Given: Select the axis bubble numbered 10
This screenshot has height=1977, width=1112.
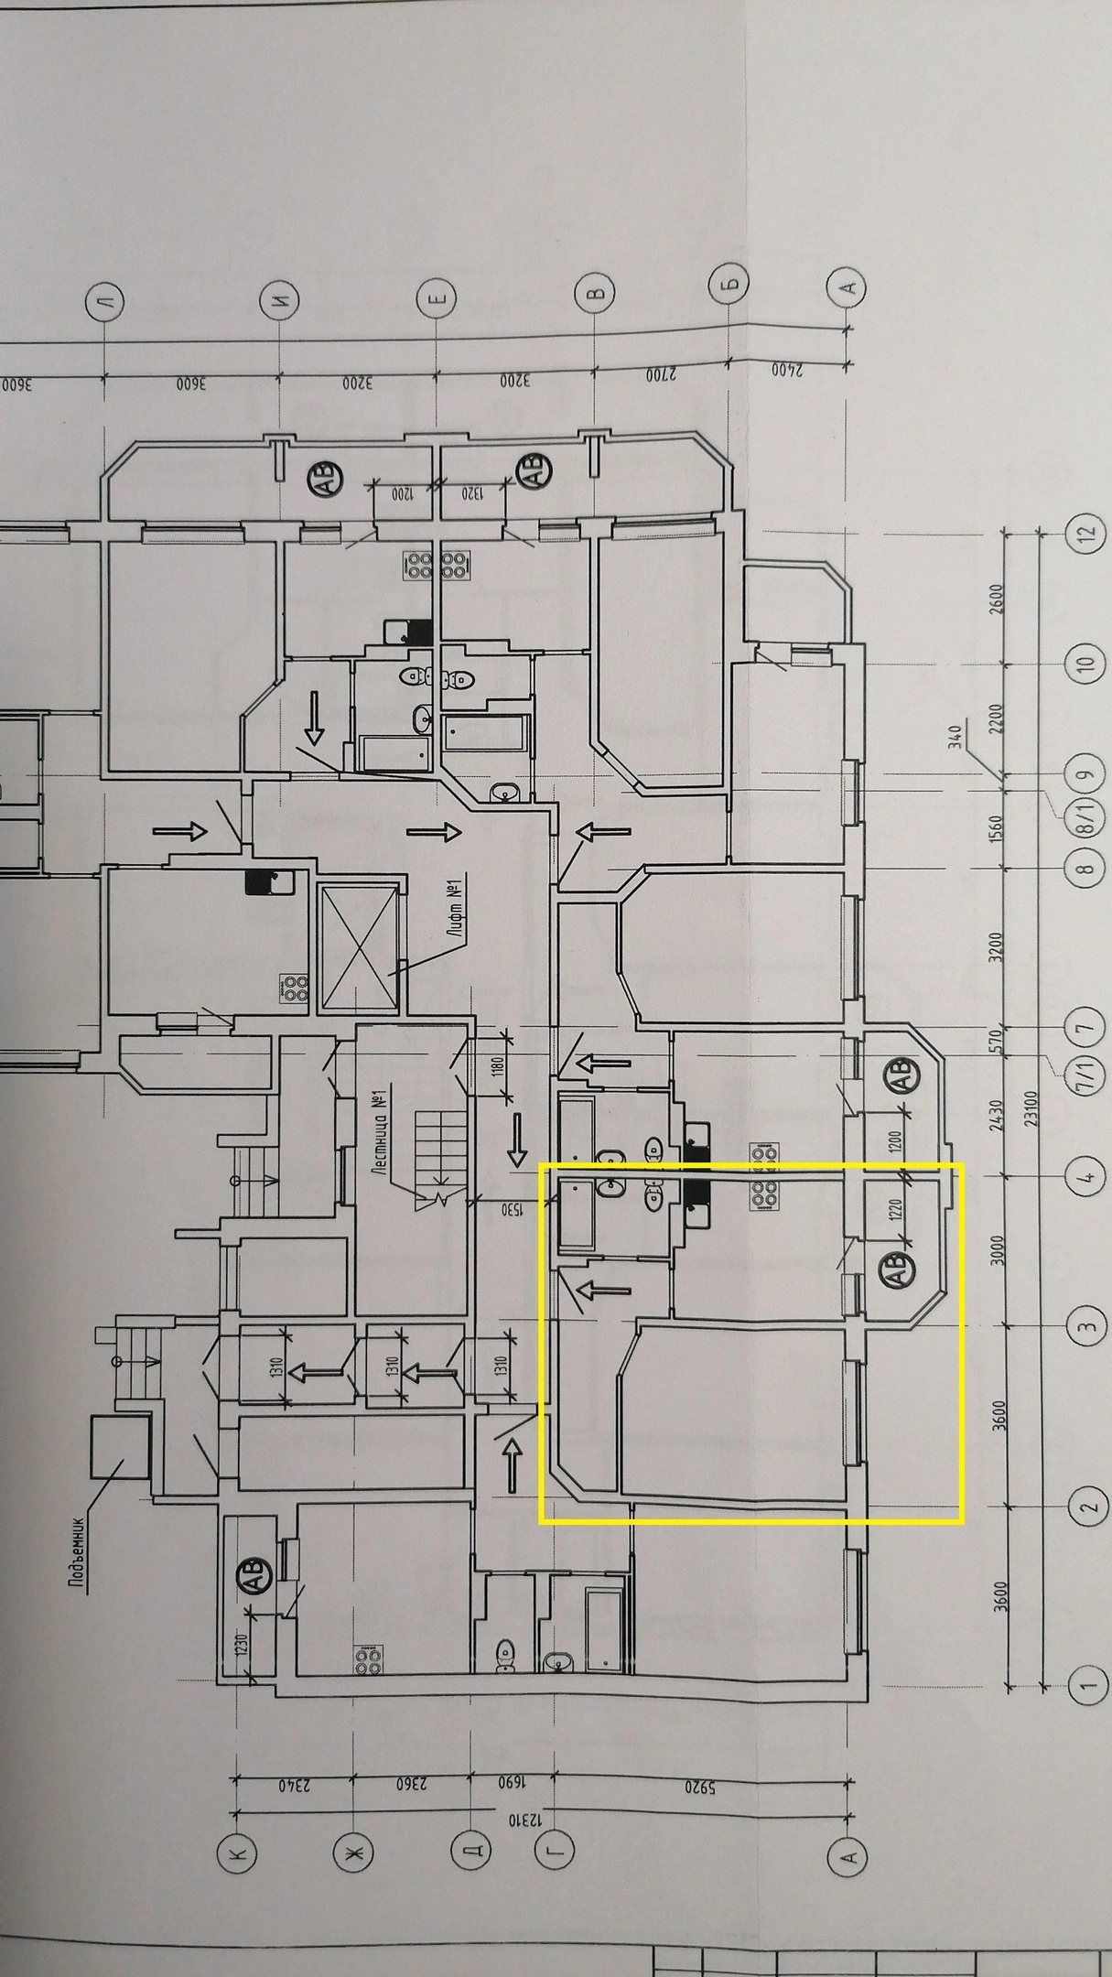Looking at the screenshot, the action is pyautogui.click(x=1086, y=662).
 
